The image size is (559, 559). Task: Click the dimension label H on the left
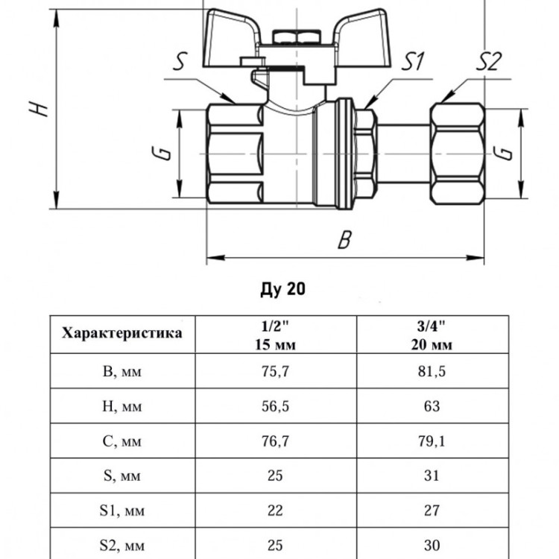point(39,108)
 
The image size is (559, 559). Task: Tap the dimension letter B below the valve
point(344,239)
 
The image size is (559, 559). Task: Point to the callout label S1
point(412,61)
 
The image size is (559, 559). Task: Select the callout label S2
point(489,61)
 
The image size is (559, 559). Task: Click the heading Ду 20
point(283,289)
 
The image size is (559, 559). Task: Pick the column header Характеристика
point(122,334)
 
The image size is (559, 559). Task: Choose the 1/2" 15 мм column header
point(275,335)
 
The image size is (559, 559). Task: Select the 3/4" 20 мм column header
point(432,335)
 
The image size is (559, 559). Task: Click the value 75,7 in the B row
point(275,371)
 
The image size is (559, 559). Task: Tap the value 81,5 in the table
point(432,371)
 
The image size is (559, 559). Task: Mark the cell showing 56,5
point(275,406)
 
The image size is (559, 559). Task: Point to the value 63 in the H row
point(432,406)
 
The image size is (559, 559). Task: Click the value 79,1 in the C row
point(432,441)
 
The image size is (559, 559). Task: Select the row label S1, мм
point(122,511)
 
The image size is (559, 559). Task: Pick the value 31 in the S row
point(432,476)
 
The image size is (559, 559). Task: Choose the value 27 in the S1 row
point(432,511)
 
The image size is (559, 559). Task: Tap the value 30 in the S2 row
point(432,545)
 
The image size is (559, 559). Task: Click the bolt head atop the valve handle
point(296,37)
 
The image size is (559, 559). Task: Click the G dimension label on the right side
point(502,153)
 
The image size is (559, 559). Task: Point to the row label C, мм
point(122,441)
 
